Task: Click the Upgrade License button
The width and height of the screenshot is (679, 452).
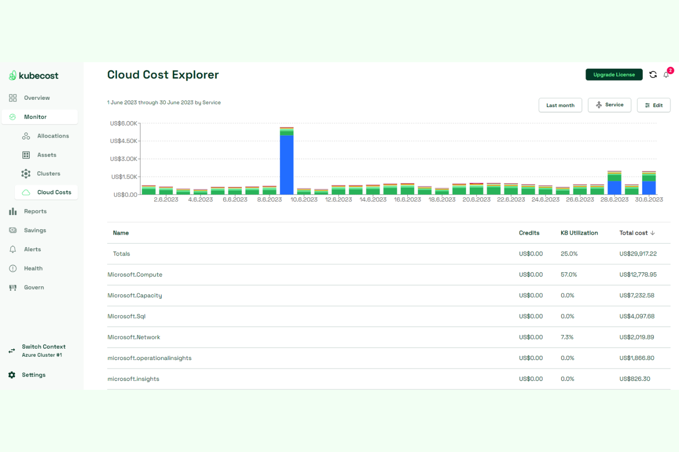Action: (613, 75)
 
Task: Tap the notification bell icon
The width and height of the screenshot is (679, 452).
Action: (666, 75)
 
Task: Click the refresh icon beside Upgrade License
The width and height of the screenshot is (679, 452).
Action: (653, 75)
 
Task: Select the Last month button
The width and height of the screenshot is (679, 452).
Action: (560, 105)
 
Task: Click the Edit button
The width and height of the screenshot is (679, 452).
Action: (653, 105)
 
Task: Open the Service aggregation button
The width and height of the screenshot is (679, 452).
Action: (609, 105)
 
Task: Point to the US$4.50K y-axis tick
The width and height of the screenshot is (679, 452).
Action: (123, 141)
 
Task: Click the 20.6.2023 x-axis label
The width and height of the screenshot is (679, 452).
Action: (476, 200)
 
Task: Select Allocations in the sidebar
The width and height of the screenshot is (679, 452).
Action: (53, 136)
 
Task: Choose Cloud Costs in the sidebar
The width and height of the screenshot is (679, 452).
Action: (54, 192)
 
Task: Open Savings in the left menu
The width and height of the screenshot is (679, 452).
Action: (35, 230)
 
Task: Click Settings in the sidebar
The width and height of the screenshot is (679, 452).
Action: (33, 375)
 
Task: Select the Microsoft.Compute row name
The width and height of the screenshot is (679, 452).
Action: (135, 275)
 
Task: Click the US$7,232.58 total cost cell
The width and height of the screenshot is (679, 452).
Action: (636, 295)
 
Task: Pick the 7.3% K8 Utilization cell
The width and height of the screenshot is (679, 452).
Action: (567, 337)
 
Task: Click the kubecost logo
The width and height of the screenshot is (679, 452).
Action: (34, 76)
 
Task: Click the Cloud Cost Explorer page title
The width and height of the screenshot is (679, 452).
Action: (163, 75)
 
